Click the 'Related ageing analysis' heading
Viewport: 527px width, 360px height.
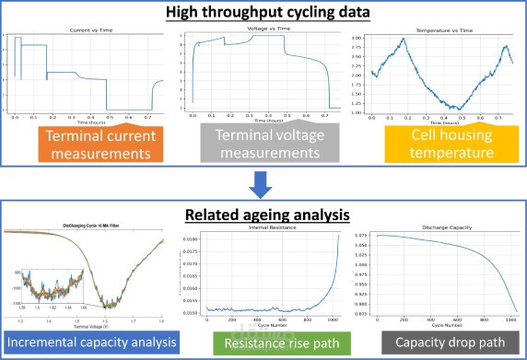click(x=263, y=215)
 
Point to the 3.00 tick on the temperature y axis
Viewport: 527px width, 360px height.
click(x=358, y=38)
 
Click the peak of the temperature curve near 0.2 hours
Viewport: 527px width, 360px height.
click(x=403, y=39)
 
